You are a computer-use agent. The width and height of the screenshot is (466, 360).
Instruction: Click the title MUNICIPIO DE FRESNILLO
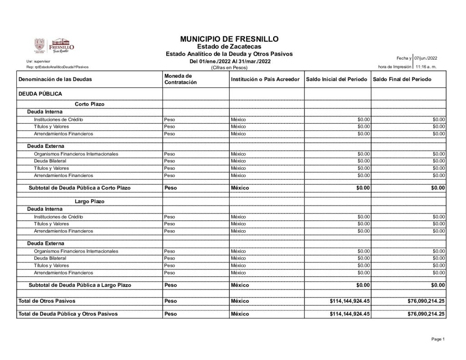229,39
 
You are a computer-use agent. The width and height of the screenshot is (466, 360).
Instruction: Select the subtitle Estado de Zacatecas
229,47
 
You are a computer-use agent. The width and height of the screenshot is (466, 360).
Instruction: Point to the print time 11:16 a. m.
426,67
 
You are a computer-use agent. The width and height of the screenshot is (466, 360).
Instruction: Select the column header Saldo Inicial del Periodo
337,79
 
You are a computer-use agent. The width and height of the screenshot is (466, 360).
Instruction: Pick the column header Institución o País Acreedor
265,79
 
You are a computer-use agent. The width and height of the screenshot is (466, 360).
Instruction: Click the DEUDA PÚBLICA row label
40,94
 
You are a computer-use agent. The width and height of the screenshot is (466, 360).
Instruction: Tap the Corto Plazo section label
90,104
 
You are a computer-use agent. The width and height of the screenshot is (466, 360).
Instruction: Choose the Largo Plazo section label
90,201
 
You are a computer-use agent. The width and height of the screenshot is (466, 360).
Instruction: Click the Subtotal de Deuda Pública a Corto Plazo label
80,188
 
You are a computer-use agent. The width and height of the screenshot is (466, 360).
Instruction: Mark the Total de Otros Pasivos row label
46,301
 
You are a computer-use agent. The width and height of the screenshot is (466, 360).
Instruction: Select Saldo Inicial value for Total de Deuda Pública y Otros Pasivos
349,314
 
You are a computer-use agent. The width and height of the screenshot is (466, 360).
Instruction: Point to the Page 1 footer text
437,339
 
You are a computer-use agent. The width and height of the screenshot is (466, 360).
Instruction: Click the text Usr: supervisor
38,61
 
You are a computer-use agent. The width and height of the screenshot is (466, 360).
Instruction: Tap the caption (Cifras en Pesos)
229,67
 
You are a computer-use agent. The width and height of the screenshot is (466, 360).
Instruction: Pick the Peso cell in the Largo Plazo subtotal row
171,285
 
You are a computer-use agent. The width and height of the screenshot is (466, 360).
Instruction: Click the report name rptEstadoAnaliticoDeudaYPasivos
58,67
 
